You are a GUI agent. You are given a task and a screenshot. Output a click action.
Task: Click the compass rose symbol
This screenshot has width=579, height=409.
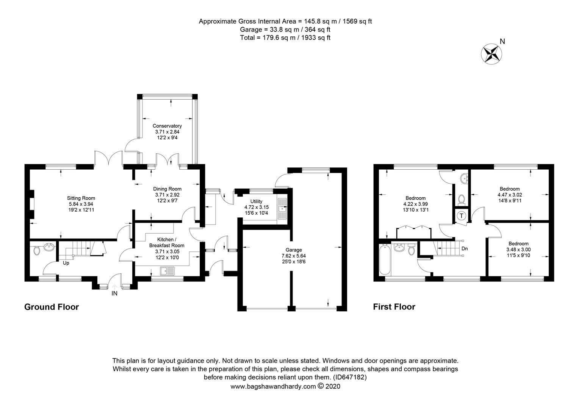491,54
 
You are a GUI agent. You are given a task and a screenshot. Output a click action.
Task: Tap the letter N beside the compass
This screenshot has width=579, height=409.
502,41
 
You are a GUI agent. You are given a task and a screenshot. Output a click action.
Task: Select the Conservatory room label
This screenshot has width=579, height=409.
167,126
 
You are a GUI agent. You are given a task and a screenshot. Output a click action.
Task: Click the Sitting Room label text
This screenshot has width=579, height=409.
81,198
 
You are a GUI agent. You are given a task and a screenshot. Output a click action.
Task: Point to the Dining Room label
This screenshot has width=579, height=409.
167,189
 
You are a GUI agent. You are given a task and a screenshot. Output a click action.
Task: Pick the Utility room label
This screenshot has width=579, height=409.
256,201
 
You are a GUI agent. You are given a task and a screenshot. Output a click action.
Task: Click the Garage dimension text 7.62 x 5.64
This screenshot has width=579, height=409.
294,256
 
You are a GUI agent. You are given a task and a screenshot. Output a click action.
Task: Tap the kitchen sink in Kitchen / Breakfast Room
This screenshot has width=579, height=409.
167,271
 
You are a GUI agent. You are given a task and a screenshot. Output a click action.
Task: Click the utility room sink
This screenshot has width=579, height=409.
282,209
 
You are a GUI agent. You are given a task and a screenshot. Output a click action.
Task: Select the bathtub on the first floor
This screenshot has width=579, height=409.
385,259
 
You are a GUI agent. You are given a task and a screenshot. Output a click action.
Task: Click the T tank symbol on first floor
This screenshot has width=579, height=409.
462,215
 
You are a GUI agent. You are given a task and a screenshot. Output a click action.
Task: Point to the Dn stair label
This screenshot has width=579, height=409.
465,248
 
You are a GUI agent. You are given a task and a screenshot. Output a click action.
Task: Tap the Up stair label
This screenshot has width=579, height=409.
66,263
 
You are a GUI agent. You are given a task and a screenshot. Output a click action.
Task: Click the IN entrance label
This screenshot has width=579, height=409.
114,293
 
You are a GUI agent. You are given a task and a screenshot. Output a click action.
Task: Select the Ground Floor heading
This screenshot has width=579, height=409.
52,307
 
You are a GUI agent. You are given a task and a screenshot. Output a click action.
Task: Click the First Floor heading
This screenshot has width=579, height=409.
394,307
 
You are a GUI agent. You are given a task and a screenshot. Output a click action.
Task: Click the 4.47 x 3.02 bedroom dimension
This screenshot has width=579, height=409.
510,195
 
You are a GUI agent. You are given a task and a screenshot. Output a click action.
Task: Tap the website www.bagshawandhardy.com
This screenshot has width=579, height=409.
273,386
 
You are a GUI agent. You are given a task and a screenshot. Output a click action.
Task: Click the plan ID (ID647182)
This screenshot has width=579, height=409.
350,377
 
